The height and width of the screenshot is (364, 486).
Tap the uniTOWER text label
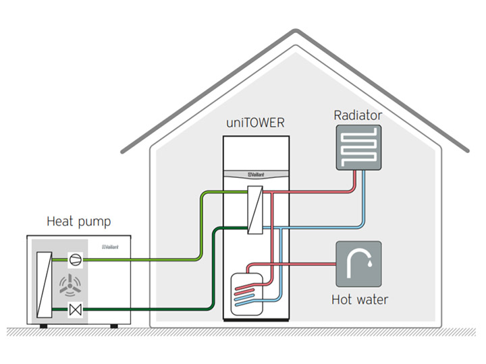tap(255, 125)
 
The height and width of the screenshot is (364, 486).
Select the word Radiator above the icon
tap(358, 115)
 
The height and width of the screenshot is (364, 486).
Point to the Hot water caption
tap(360, 299)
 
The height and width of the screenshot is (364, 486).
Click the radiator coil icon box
tap(358, 147)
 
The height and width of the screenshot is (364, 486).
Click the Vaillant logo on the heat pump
tap(111, 247)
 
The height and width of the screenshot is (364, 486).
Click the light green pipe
tap(155, 259)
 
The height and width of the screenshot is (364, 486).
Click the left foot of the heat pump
tap(43, 326)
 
